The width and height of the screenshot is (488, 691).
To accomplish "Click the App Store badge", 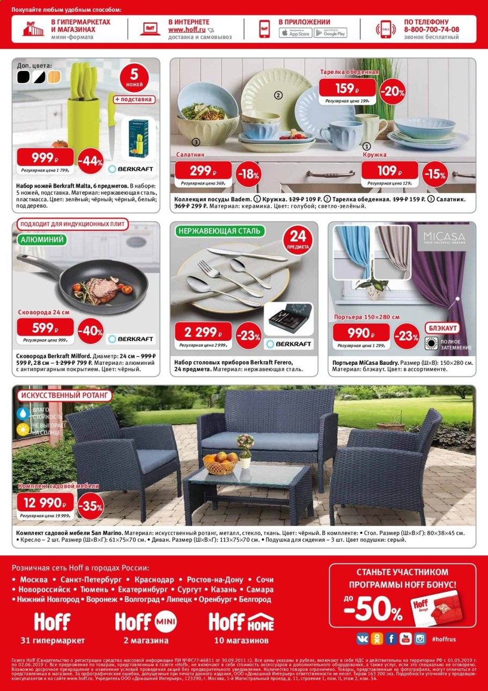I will [295, 33].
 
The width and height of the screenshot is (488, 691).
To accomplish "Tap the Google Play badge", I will [329, 33].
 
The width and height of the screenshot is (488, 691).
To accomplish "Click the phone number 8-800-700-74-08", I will [432, 30].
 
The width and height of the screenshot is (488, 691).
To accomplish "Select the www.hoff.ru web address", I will [187, 30].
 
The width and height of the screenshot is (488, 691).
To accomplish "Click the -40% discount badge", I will [89, 332].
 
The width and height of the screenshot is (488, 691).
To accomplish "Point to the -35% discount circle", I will [90, 506].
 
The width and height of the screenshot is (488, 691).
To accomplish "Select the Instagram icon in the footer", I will [420, 638].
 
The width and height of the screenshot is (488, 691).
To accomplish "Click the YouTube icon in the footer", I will [405, 638].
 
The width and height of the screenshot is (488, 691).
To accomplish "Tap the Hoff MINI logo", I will [142, 622].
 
